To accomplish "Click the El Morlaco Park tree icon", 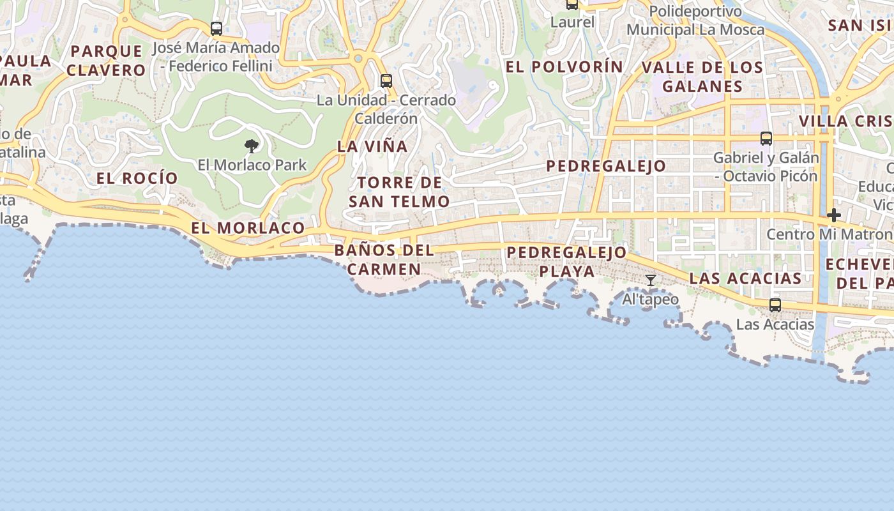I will point(252,146).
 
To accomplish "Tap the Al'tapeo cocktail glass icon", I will point(650,280).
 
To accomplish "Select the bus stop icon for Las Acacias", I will point(775,305).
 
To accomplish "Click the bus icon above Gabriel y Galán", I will point(766,139).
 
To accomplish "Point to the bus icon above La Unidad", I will point(386,81).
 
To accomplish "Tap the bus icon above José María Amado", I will point(216,29).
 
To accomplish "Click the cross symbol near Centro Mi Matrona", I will point(833,216).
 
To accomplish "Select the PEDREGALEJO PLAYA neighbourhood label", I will point(566,261).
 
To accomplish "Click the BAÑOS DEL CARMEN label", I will point(384,259).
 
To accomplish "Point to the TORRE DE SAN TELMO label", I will point(400,192).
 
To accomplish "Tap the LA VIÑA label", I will point(372,146).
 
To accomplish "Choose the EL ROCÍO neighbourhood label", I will point(137,178).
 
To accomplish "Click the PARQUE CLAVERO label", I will point(107,61).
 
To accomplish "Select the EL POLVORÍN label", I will point(564,66).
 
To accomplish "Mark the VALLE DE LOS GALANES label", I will point(702,77).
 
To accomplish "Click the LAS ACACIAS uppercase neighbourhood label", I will point(745,278).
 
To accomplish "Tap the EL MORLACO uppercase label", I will point(248,228).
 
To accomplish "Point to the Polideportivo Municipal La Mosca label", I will point(695,20).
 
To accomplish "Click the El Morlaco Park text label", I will point(252,165).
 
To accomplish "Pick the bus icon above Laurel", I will point(572,4).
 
